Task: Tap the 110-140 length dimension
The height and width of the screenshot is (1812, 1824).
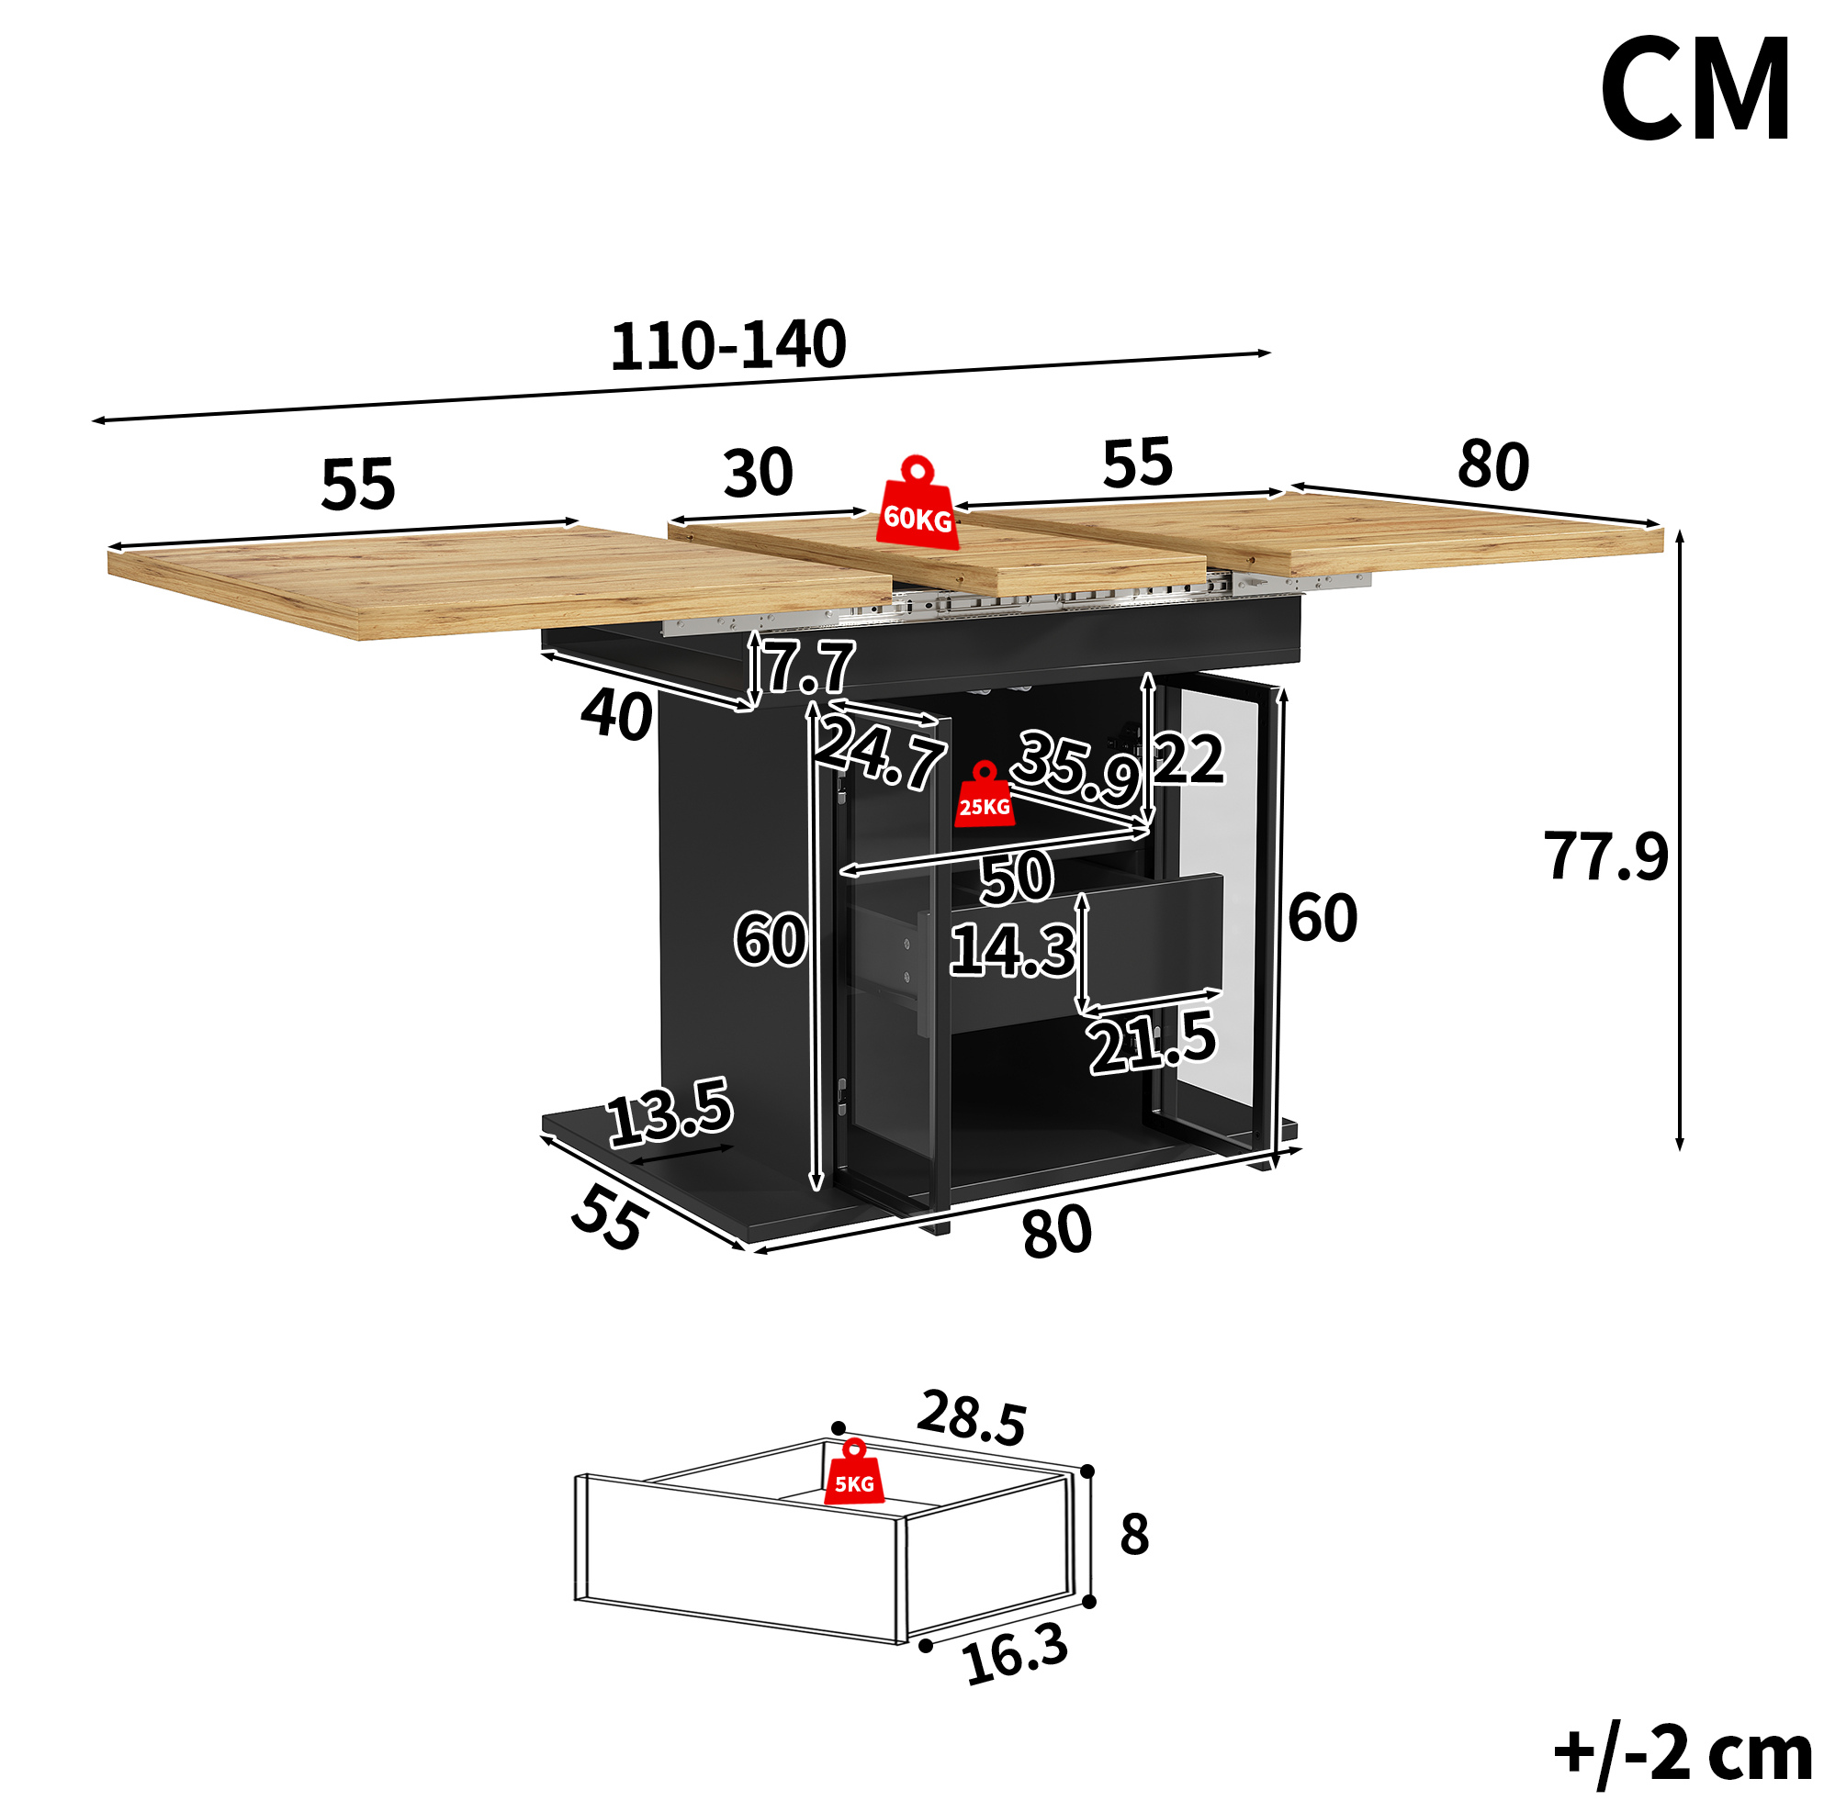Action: [x=728, y=345]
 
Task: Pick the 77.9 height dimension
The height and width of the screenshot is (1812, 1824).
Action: [x=1605, y=856]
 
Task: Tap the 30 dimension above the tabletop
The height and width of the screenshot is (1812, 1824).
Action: [x=758, y=473]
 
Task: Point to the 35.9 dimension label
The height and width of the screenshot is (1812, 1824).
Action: [x=1077, y=766]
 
